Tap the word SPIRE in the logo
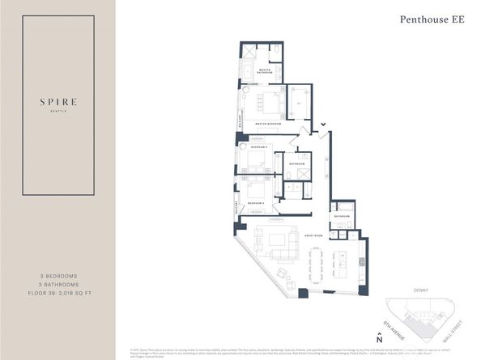point(57,103)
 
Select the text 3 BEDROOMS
point(57,276)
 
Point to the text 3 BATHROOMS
point(57,286)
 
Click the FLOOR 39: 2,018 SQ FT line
point(57,295)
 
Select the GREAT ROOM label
point(313,235)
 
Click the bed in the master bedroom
point(269,104)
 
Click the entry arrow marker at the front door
point(324,124)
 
